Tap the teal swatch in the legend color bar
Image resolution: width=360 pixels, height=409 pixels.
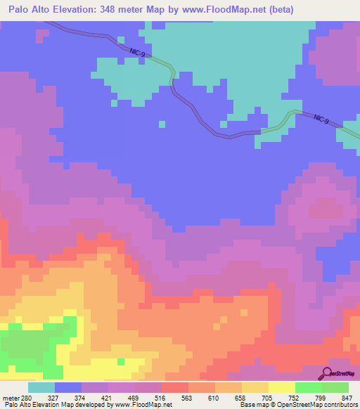pos(41,388)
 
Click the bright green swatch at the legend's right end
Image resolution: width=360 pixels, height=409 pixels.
pos(335,388)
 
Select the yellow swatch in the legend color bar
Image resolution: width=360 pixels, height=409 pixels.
pos(282,388)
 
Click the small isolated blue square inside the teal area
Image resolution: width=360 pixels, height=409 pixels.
pos(162,124)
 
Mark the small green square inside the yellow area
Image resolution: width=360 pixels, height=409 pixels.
pos(121,361)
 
